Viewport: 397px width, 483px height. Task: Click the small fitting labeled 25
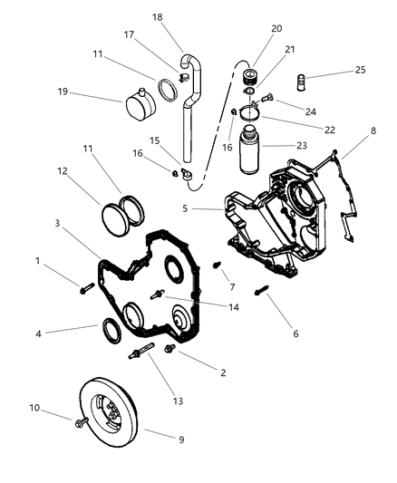coord(308,72)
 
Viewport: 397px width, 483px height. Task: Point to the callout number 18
coord(157,16)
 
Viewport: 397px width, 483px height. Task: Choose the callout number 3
coord(57,222)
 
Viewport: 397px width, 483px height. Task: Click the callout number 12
coord(63,171)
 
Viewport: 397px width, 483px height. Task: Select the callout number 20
coord(276,28)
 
